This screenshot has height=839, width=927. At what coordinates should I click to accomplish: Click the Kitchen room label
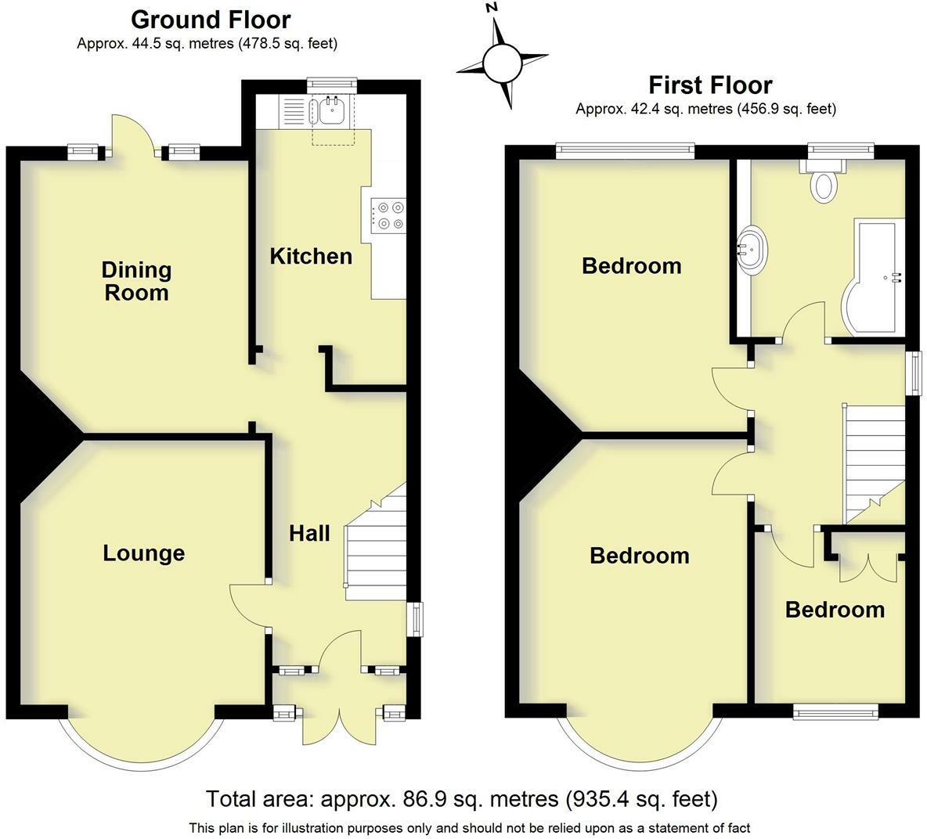pos(311,256)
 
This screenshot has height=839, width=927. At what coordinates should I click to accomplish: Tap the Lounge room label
pos(143,553)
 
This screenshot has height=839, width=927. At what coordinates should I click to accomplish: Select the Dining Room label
pos(136,281)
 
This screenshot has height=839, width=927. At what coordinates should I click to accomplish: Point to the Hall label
pos(309,534)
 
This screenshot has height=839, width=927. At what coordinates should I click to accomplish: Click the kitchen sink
pos(331,110)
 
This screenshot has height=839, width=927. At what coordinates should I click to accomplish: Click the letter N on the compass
pos(490,8)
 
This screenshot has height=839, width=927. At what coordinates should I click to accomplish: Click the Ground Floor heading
pos(211,20)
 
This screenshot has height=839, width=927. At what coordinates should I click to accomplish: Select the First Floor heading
pos(710,85)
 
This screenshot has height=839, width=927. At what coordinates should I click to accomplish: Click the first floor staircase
pos(875,464)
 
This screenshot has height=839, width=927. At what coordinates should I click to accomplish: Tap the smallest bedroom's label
pos(835,610)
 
